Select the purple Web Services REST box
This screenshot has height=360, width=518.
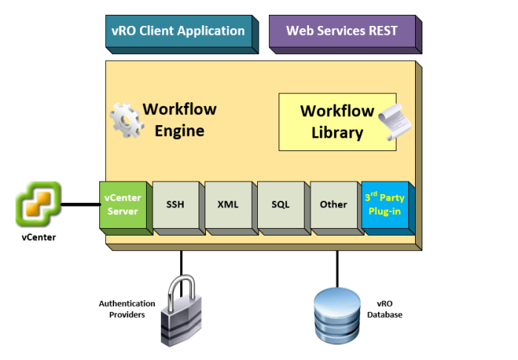pos(342,31)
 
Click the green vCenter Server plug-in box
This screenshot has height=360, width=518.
pos(124,204)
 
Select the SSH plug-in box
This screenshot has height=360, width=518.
pos(176,204)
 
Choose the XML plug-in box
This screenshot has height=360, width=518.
pos(228,204)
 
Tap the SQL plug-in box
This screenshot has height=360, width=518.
pos(281,204)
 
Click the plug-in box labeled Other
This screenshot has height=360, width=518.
pos(333,204)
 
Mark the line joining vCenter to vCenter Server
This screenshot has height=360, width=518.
pos(79,204)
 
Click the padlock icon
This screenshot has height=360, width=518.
pos(183,309)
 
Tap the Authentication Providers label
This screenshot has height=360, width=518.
pos(127,309)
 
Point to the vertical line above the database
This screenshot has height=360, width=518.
pos(338,267)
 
